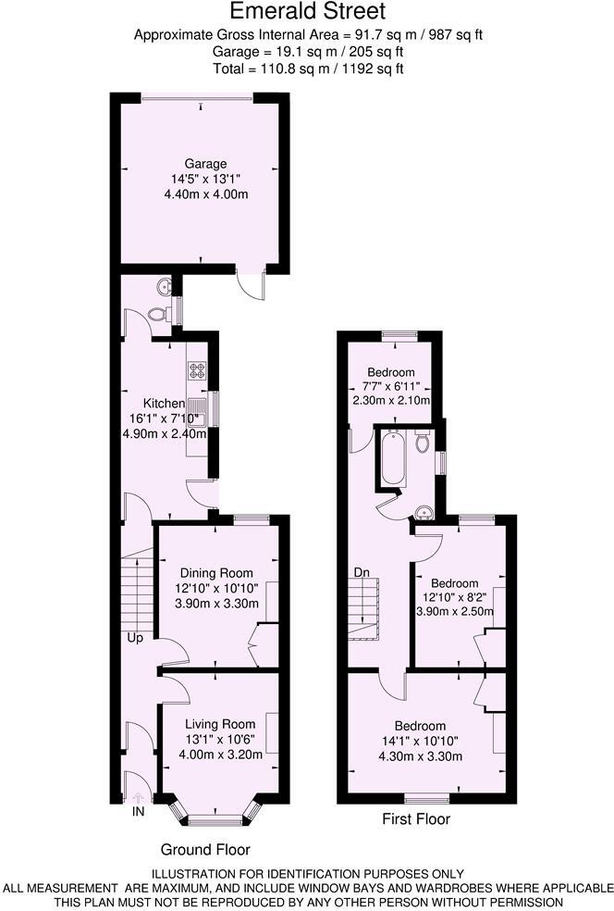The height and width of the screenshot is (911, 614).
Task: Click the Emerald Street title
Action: tap(308, 12)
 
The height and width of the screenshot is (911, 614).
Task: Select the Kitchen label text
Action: tap(164, 404)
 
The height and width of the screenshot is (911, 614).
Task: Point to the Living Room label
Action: tap(219, 724)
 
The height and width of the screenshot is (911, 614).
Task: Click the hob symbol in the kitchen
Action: tap(197, 370)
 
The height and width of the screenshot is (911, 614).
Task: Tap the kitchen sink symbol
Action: tap(197, 406)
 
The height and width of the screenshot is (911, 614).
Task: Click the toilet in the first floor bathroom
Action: tap(423, 442)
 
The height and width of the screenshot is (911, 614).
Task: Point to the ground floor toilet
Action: tap(159, 315)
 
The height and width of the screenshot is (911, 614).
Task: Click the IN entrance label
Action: tap(139, 812)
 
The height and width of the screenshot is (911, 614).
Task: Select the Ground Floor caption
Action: tap(205, 849)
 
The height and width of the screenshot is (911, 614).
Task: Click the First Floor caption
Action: tap(415, 819)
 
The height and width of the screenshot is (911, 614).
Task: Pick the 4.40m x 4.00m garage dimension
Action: tap(205, 193)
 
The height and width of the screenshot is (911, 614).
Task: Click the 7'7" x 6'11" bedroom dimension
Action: tap(391, 386)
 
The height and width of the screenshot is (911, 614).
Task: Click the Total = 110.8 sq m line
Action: tap(308, 68)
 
